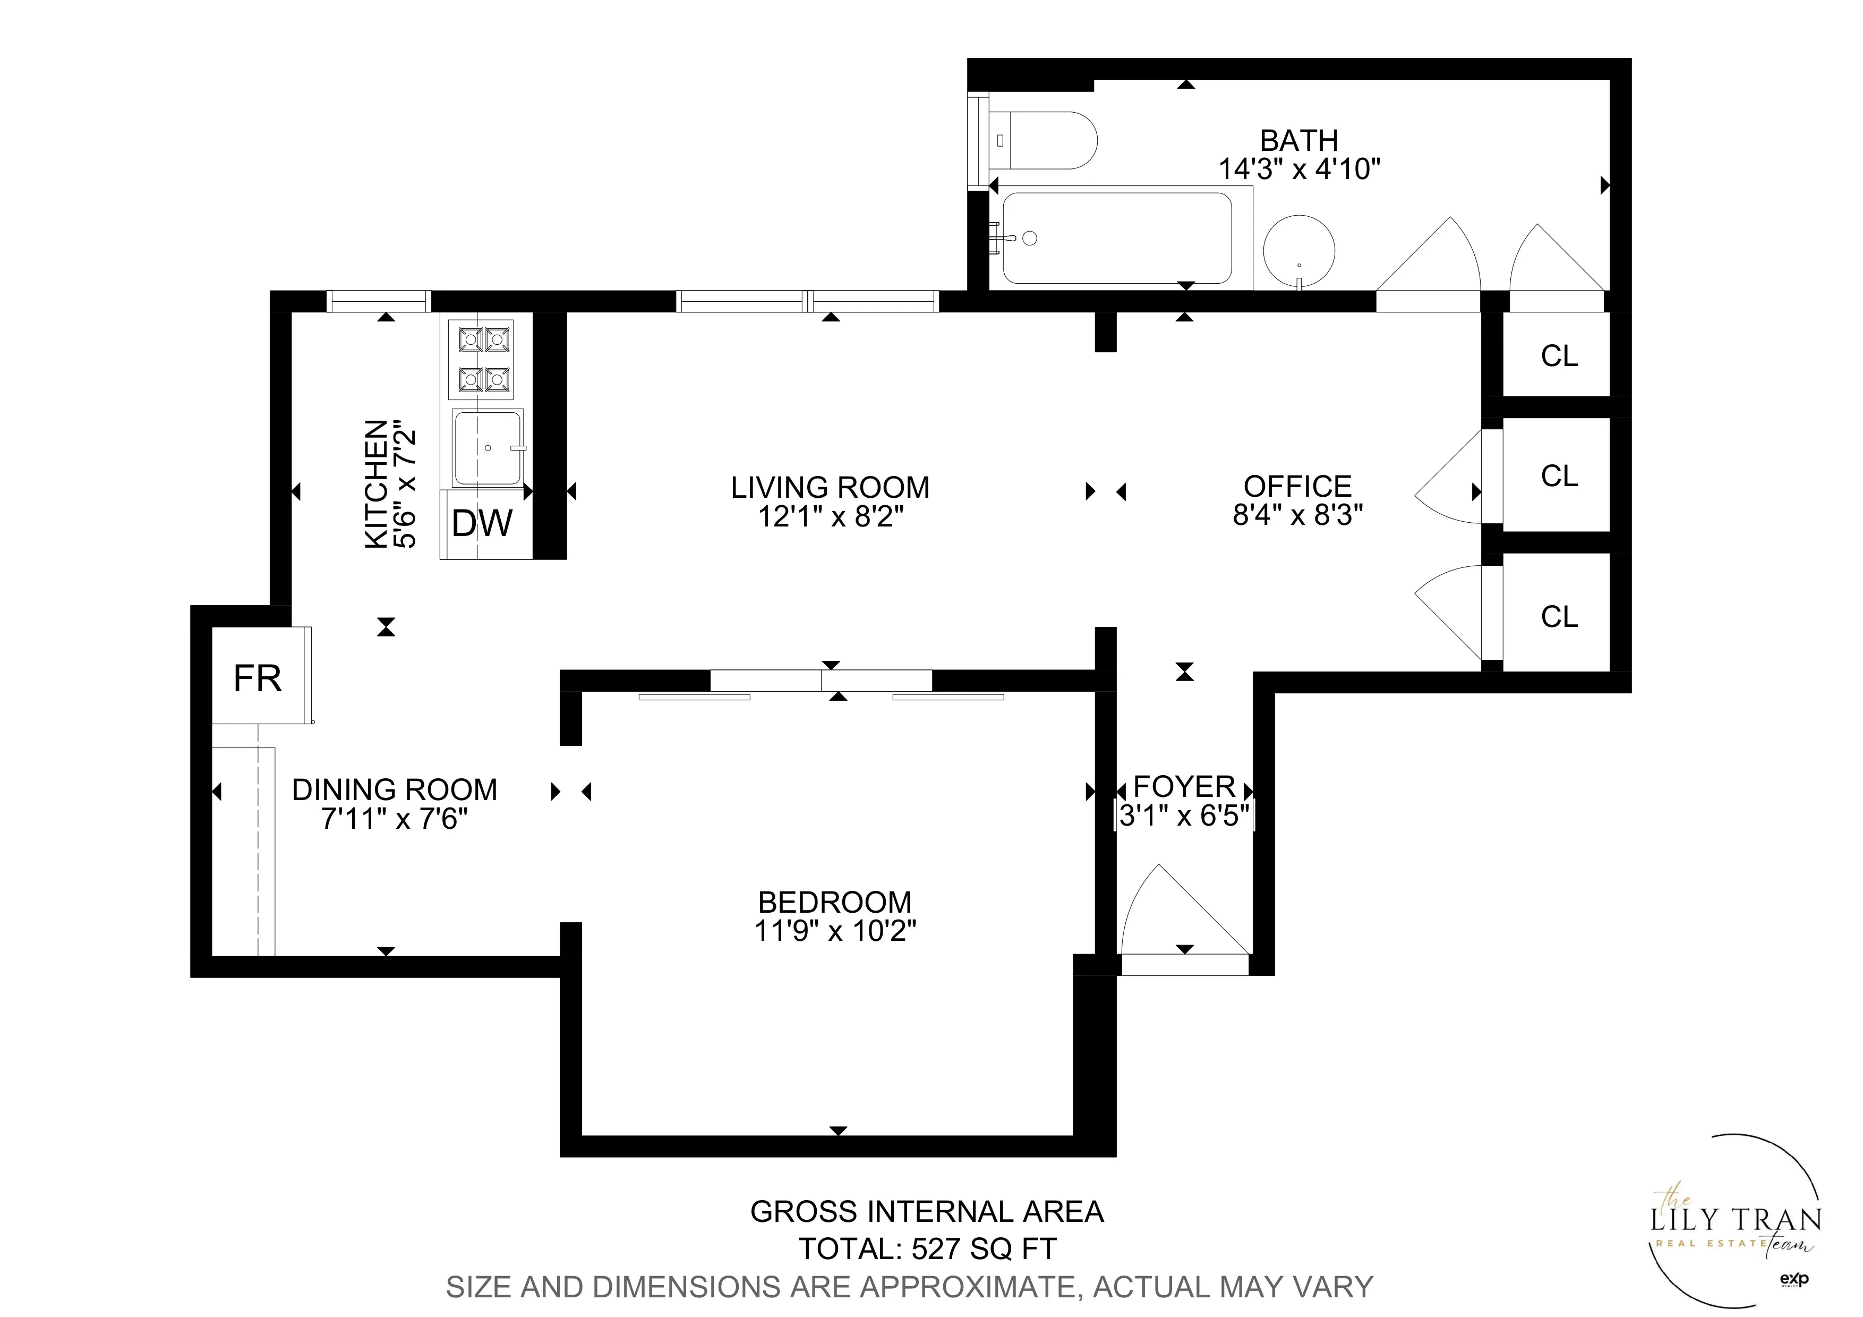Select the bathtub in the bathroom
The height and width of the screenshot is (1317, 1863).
1117,238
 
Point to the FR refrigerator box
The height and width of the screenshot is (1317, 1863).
258,677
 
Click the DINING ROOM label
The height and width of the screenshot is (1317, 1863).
395,789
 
